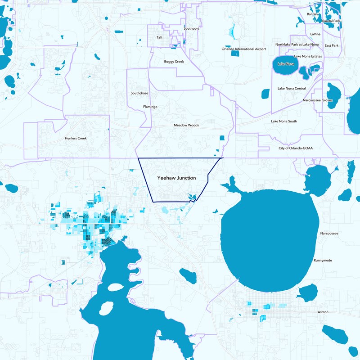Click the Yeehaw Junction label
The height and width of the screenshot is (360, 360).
click(176, 178)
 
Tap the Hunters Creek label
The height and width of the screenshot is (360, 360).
click(75, 138)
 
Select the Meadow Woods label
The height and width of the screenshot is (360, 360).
click(186, 125)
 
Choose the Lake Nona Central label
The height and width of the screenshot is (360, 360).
click(292, 88)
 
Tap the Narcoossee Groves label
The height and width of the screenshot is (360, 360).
click(318, 100)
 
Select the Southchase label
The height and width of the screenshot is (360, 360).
click(139, 93)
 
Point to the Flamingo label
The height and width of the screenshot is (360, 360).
click(150, 107)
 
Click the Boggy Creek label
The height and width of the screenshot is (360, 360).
click(174, 61)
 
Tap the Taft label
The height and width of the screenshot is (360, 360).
click(159, 37)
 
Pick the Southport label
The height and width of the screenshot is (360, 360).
click(191, 28)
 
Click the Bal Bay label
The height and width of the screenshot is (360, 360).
click(312, 14)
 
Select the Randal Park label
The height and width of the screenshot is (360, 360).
click(331, 21)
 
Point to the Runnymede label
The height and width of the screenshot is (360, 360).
click(323, 261)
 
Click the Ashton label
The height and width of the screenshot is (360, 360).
click(323, 312)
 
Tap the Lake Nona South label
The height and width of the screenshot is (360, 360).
click(284, 121)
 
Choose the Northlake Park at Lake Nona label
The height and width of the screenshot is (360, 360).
click(299, 45)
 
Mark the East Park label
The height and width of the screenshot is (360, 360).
click(332, 45)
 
